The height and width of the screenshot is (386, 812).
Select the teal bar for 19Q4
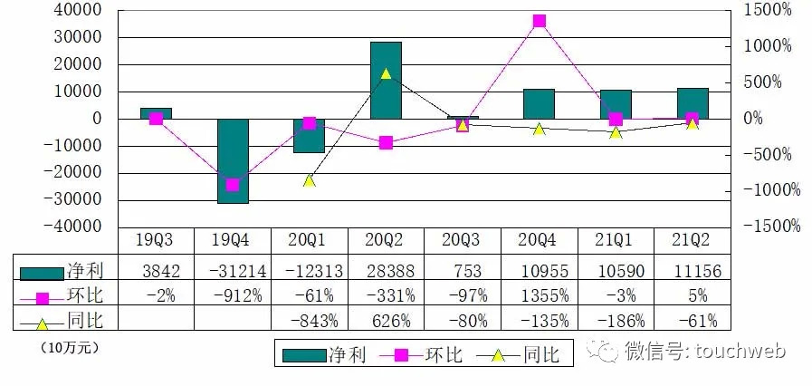(x=233, y=160)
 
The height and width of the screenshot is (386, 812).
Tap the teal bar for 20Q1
(x=309, y=135)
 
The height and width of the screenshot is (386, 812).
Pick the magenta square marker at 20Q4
(x=540, y=21)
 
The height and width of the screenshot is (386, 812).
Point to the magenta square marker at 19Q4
(x=233, y=185)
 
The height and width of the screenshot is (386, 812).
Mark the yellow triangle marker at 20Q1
(x=309, y=180)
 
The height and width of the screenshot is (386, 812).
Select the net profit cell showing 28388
(x=387, y=271)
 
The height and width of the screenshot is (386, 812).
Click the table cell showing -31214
(x=233, y=271)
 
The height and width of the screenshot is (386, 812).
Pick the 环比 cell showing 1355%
(x=540, y=295)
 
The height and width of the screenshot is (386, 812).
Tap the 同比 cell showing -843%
(x=310, y=320)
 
